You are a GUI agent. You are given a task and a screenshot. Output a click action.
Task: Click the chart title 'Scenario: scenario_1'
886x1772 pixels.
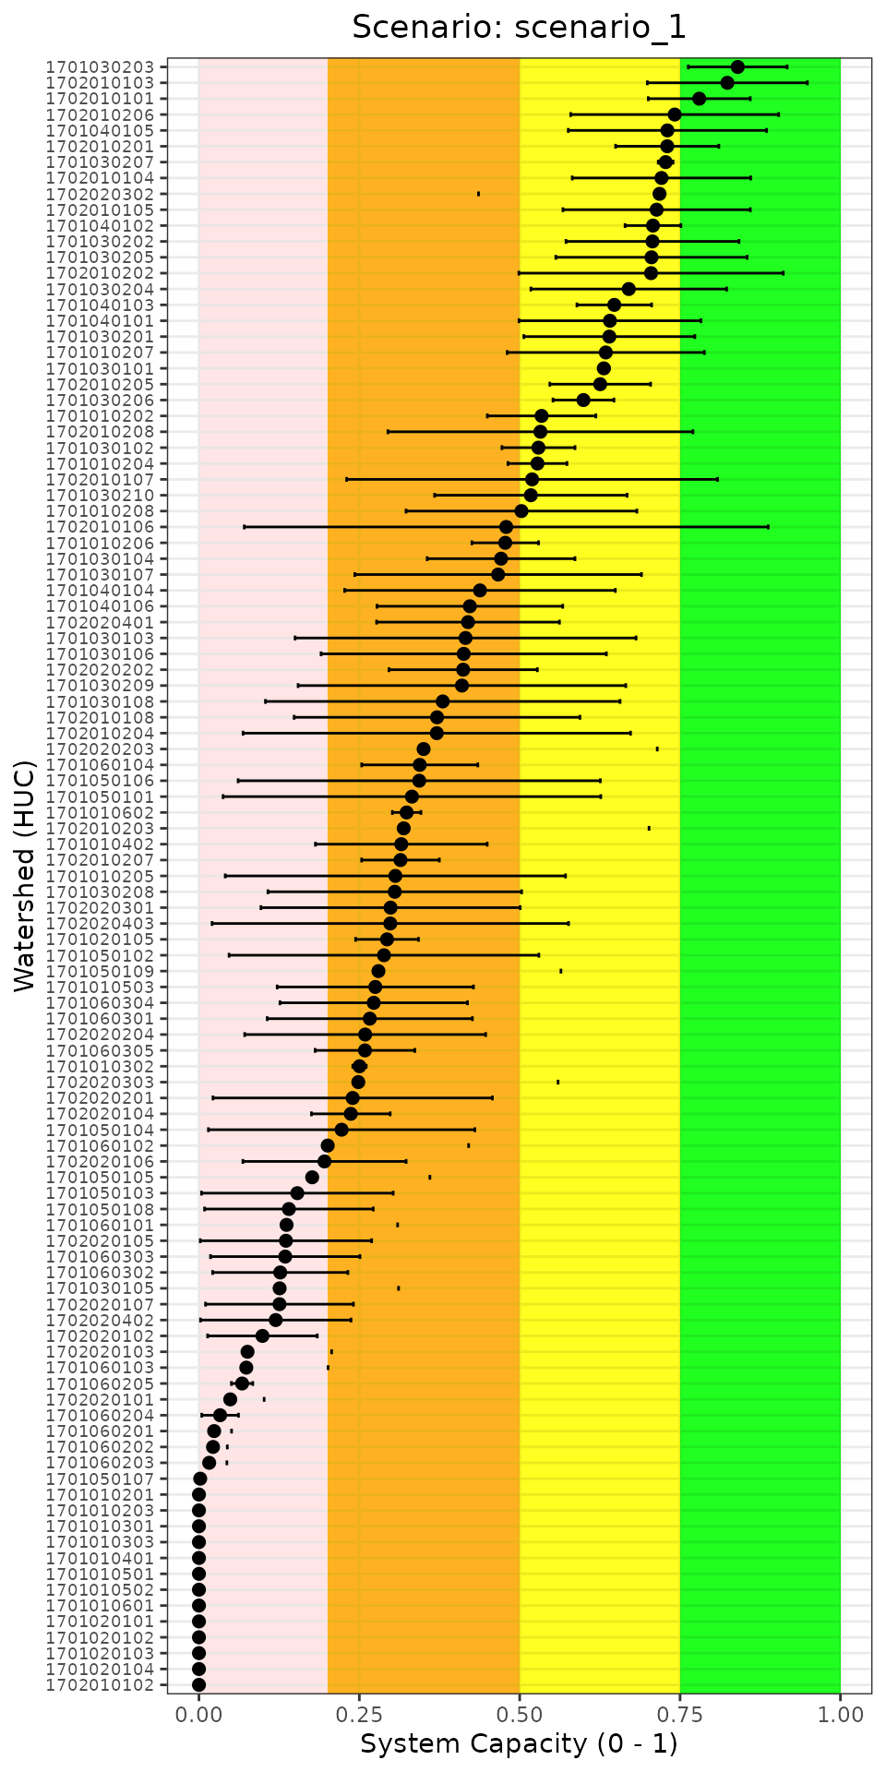(519, 28)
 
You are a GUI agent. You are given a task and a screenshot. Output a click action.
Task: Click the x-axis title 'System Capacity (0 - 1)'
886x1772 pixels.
(519, 1743)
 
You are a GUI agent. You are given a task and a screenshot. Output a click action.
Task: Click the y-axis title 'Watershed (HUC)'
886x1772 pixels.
(25, 875)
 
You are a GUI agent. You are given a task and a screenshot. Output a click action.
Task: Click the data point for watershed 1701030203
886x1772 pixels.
(737, 66)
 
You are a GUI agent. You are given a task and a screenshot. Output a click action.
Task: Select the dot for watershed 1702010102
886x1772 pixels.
(198, 1684)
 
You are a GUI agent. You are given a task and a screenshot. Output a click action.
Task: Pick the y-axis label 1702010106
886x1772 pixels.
(107, 527)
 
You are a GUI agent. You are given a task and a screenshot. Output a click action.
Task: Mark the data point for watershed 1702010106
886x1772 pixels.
(506, 527)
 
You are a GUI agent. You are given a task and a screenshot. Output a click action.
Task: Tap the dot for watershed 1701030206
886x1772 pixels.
(583, 400)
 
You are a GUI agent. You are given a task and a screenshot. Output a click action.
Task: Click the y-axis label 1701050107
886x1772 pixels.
(107, 1479)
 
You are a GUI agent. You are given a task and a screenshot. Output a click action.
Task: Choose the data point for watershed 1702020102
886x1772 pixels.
(262, 1335)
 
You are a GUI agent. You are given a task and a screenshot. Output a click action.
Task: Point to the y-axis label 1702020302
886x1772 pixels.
(107, 194)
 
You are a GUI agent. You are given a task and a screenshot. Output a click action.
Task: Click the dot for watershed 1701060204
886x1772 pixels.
(220, 1415)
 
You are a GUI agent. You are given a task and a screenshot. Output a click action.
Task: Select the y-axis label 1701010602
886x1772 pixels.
(107, 812)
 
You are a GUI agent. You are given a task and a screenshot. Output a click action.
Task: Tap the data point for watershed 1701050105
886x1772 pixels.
(312, 1177)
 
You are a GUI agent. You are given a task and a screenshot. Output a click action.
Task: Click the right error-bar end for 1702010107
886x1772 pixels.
(717, 479)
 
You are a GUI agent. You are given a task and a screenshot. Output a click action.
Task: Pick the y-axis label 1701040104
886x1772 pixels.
(107, 590)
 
